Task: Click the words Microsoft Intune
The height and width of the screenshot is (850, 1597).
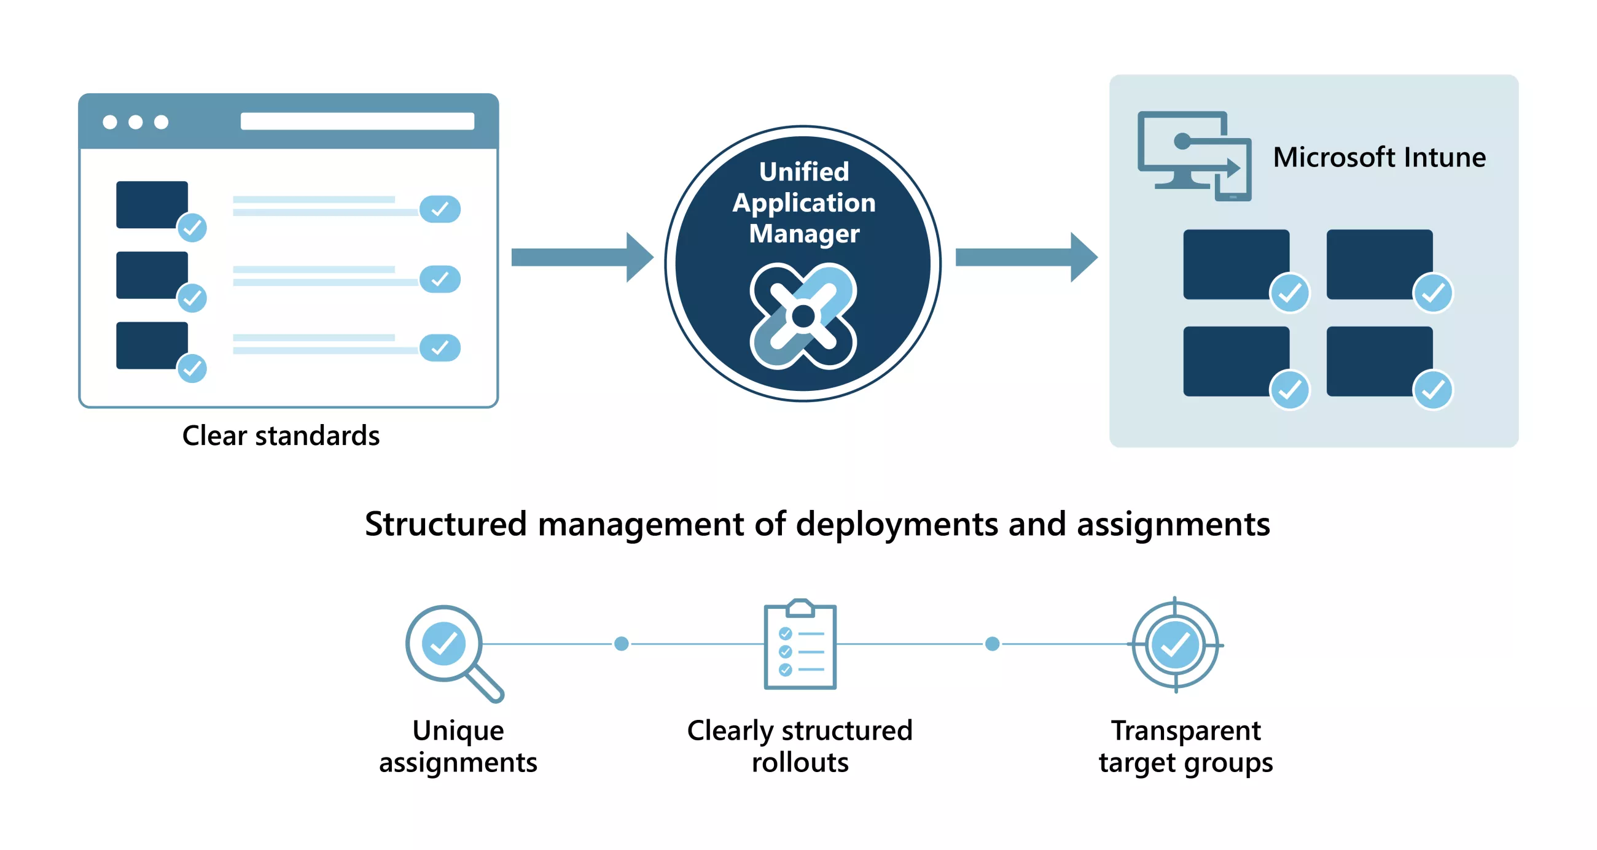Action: pos(1379,157)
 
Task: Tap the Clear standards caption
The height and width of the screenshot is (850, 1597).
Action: pos(281,436)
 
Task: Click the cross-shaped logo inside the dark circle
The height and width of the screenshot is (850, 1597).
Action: pos(803,316)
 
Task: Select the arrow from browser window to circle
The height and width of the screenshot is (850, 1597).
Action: pos(582,257)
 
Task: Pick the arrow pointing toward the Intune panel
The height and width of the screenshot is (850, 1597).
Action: pos(1026,257)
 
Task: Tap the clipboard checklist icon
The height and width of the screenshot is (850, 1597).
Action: pos(800,646)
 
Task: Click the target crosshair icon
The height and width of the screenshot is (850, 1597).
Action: pos(1175,645)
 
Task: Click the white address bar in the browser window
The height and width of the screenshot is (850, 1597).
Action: pos(357,122)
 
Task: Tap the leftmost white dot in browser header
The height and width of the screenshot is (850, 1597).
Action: pos(110,122)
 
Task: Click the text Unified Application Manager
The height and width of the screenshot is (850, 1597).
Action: pos(803,203)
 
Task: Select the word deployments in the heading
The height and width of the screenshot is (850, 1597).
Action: pos(896,525)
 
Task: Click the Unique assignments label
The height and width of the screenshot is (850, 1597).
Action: pos(458,746)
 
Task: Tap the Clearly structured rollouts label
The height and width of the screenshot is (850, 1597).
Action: pos(800,746)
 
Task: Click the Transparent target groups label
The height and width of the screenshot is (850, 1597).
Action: pos(1185,746)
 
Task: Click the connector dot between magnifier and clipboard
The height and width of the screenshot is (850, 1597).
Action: pos(621,644)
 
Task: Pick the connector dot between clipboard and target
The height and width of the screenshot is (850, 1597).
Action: pos(992,644)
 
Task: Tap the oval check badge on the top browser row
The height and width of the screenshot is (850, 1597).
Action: pos(440,209)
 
